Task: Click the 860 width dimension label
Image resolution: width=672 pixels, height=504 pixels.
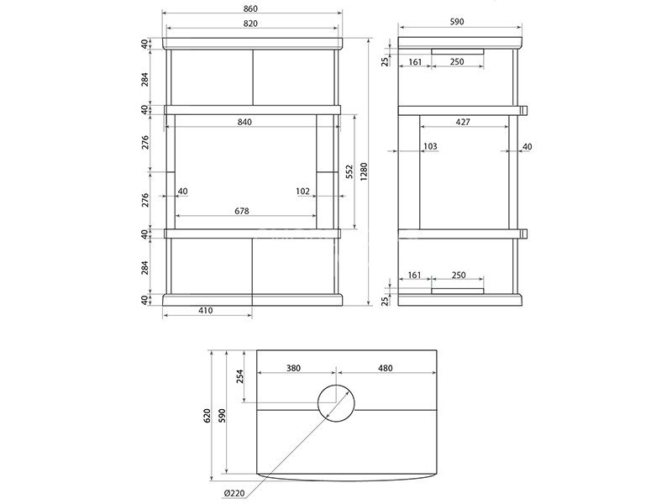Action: point(250,8)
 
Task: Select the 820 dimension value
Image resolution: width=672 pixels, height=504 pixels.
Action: point(250,24)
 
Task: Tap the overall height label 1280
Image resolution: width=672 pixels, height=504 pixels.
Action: point(365,171)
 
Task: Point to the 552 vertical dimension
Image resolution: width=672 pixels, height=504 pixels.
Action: point(349,171)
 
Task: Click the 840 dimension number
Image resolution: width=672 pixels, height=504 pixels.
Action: point(244,122)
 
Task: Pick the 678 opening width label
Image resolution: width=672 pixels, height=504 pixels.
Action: point(242,212)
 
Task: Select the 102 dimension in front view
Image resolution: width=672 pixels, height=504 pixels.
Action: point(302,192)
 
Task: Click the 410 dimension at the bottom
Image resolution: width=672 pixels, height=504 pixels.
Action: point(206,310)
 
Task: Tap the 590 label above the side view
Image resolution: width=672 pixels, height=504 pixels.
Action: point(457,22)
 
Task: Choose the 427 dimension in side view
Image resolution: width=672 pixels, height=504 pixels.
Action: point(463,122)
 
